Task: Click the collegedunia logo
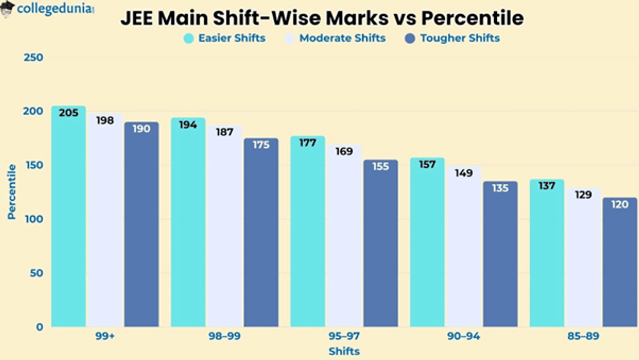pos(48,9)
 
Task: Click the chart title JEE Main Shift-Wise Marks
pos(322,19)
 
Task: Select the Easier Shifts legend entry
pos(224,38)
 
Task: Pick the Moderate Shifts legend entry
pos(335,38)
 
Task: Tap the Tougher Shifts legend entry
pos(453,38)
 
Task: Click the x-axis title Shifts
pos(344,351)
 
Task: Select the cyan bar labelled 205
pos(69,218)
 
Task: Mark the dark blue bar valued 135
pos(501,256)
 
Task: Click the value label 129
pos(583,195)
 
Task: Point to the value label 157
pos(427,165)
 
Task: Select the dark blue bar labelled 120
pos(620,264)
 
